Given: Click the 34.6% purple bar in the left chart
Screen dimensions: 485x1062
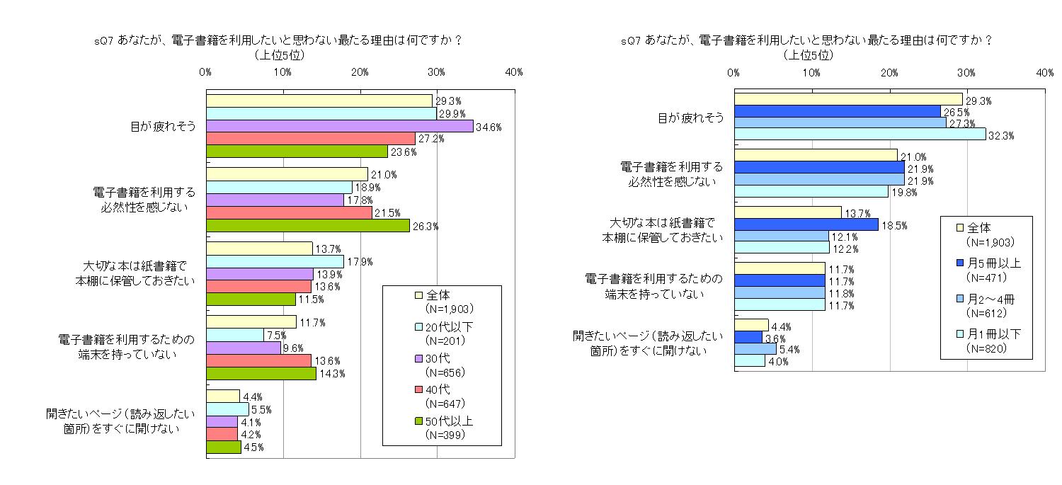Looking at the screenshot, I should pos(339,126).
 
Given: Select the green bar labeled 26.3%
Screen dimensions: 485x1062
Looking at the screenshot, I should pos(307,225).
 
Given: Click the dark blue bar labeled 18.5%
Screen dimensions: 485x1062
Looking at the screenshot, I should pos(806,224).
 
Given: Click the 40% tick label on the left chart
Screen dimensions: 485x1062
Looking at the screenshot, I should pos(513,72).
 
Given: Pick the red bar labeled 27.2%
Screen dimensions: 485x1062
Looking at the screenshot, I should pos(310,138).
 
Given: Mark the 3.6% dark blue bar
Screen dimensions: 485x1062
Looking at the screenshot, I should pos(748,337).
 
